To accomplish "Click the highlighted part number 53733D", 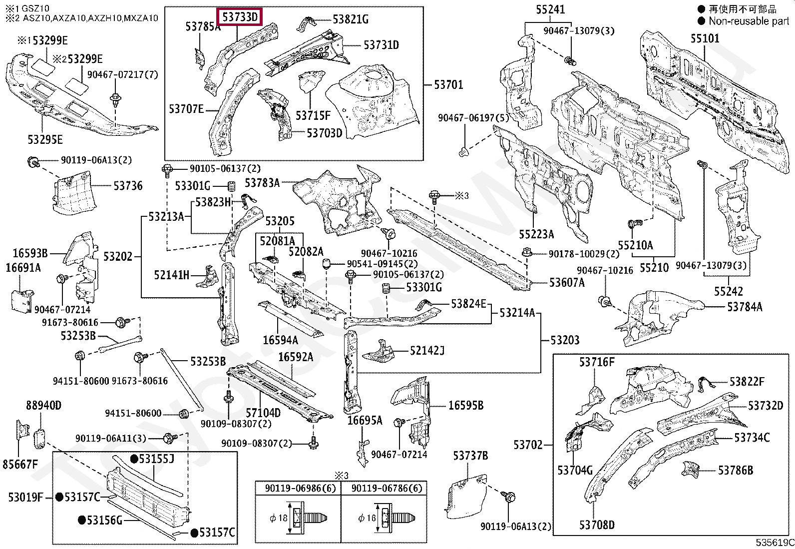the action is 240,16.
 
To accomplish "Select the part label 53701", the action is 448,85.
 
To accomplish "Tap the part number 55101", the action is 705,38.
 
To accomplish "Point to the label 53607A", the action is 567,282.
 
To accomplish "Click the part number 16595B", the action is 466,405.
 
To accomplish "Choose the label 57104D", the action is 263,413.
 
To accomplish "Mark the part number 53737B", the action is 470,455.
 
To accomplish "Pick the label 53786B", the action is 736,470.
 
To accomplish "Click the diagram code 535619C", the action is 775,543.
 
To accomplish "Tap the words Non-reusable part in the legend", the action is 749,21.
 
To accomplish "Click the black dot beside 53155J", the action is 134,459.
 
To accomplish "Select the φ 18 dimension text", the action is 279,518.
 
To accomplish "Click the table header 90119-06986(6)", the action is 300,488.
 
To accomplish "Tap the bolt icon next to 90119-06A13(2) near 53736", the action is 33,162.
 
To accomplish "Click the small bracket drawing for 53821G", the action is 306,23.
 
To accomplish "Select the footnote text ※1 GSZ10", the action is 27,8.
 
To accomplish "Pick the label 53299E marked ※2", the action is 78,59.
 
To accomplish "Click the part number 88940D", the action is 43,405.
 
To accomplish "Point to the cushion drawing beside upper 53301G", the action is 231,186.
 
